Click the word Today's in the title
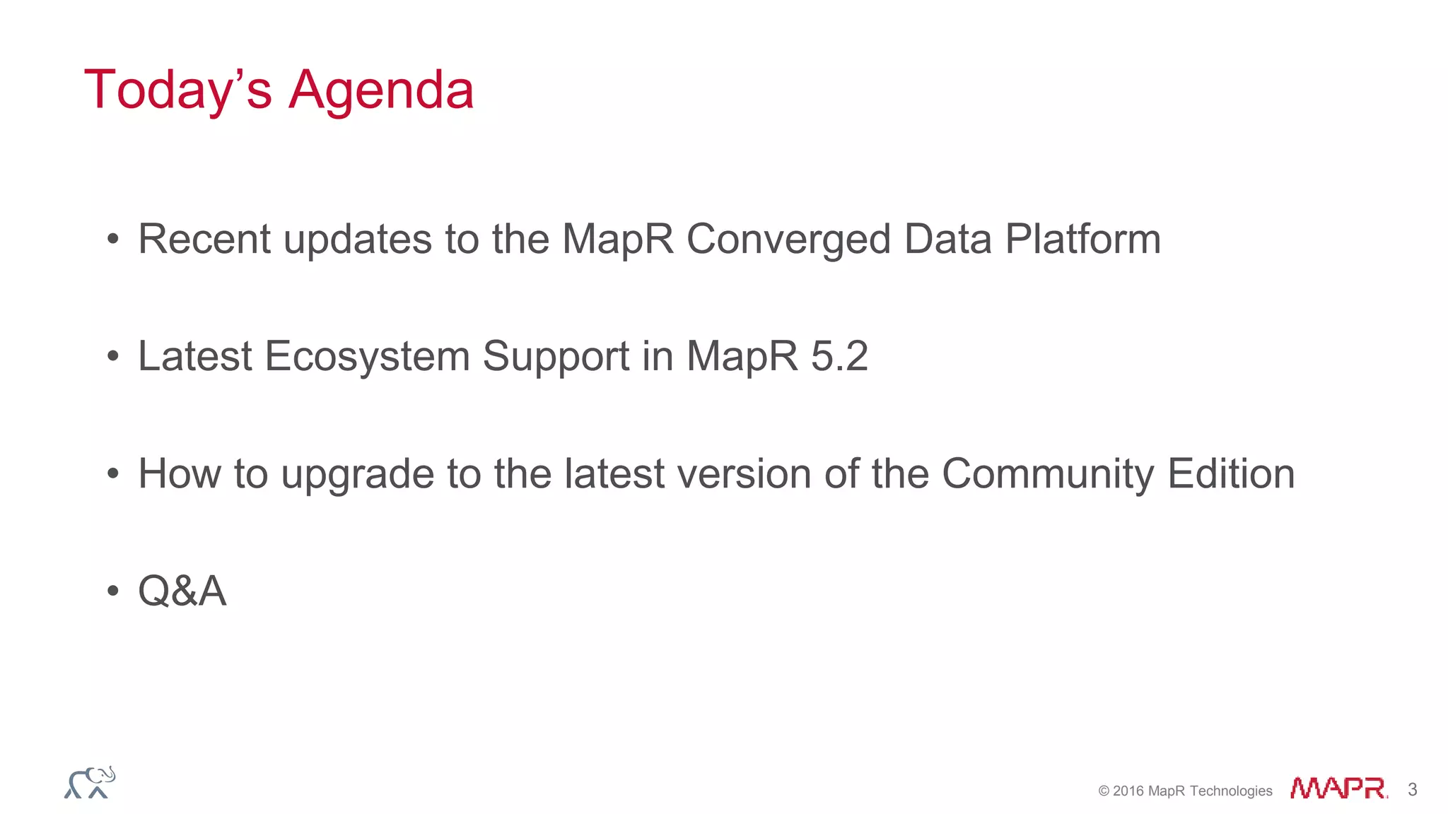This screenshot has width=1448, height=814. [x=177, y=90]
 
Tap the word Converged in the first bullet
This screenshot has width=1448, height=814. [x=788, y=240]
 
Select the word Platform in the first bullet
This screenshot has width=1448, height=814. [x=1082, y=239]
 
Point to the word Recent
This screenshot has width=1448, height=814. [x=204, y=239]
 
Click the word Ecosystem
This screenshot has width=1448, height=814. [x=367, y=356]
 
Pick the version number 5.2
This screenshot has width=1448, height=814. [x=839, y=356]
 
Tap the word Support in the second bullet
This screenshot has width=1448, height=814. [x=556, y=356]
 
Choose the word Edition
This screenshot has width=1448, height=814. [x=1231, y=473]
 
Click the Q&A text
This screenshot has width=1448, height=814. [x=182, y=591]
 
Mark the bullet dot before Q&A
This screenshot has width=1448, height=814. [x=113, y=591]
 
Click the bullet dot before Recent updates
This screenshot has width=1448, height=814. [x=113, y=240]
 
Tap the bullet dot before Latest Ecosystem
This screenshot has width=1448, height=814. [x=113, y=357]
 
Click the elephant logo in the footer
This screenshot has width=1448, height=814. [x=90, y=782]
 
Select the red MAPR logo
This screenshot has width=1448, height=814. [x=1338, y=788]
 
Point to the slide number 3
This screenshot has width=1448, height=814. [x=1412, y=789]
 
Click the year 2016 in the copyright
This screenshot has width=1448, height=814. [x=1128, y=791]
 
